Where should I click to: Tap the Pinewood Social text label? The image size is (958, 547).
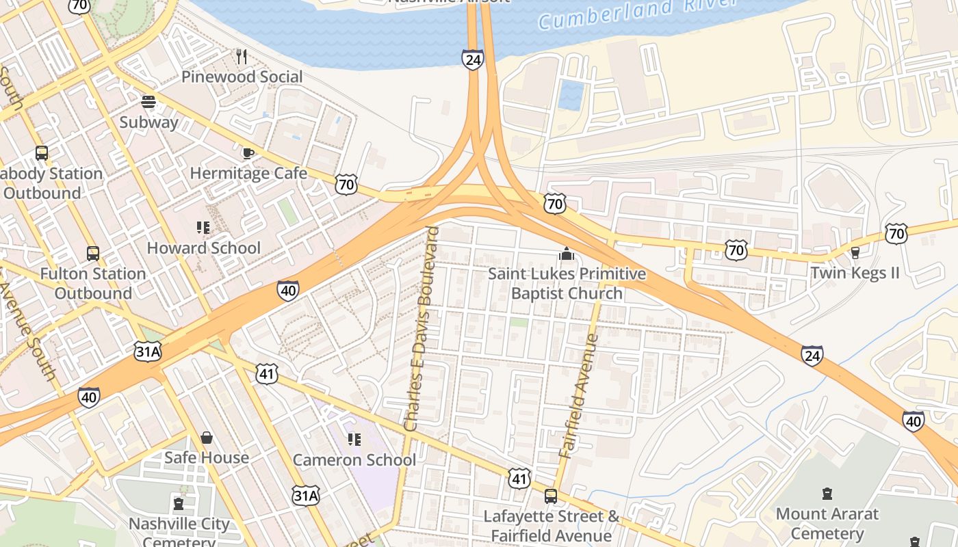coord(242,77)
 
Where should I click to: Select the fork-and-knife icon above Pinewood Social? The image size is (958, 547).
coord(241,56)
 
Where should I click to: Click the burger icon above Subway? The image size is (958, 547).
coord(148,103)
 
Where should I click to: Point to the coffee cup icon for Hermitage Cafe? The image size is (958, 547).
coord(248,153)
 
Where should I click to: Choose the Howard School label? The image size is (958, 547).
coord(204,248)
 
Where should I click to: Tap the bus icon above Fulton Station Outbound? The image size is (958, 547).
coord(93,254)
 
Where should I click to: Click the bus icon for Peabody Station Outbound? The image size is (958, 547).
coord(42,153)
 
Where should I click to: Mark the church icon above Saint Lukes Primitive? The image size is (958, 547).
coord(566,254)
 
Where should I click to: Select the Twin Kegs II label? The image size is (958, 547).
coord(855,273)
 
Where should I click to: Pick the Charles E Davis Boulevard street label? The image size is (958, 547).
coord(422,328)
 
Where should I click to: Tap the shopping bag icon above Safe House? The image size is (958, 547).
coord(206,438)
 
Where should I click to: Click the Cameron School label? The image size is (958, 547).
coord(354,459)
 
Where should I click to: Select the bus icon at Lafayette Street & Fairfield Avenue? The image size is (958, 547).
coord(551,496)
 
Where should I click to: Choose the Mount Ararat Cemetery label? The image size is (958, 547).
coord(827,523)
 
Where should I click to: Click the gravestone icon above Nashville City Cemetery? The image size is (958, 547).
coord(179,504)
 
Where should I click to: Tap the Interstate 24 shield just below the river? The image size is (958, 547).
coord(472,59)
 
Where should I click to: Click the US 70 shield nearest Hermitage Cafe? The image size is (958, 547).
coord(346,184)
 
